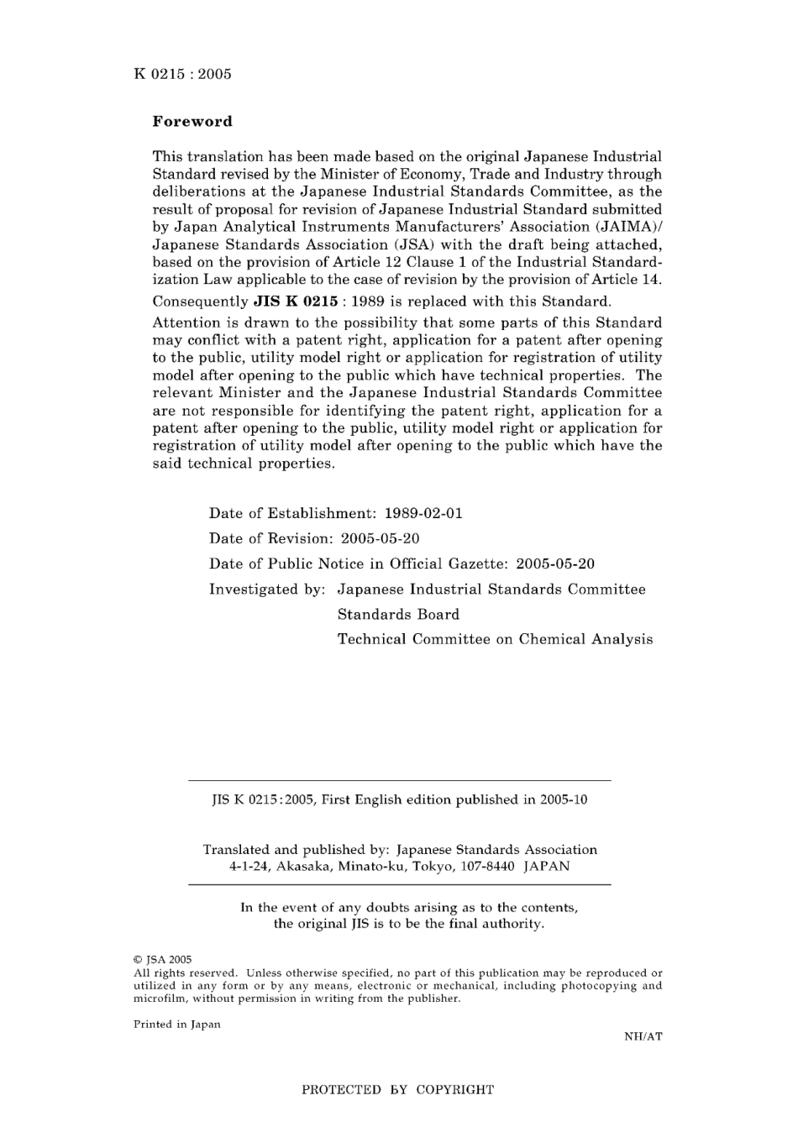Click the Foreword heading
coord(192,121)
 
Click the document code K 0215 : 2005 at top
coord(182,74)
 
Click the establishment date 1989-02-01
coord(423,513)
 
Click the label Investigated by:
coord(266,589)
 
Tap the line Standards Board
coord(398,614)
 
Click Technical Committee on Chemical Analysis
coord(495,639)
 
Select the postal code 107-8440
coord(486,866)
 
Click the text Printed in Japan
coord(176,1024)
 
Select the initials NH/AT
coord(643,1036)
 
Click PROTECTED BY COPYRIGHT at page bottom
coord(398,1090)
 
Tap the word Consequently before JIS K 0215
coord(200,301)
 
